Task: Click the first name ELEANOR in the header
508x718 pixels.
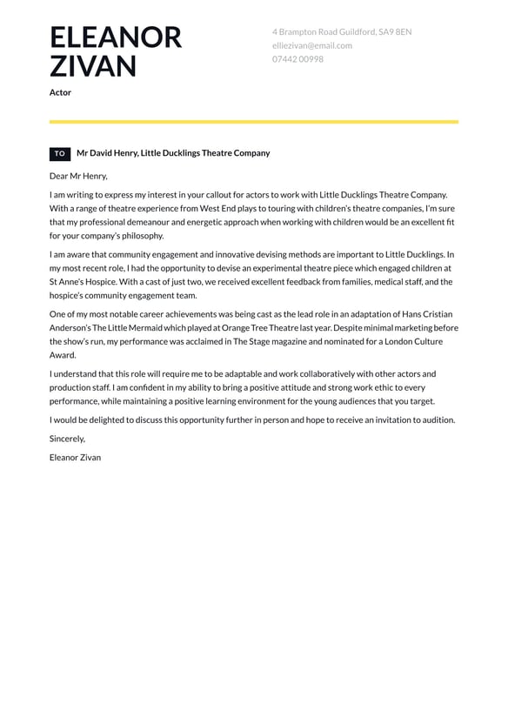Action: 116,37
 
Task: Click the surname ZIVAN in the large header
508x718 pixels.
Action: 93,66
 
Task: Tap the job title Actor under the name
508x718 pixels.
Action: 60,92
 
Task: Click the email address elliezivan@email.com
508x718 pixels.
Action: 311,45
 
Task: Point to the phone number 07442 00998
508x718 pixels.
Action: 297,59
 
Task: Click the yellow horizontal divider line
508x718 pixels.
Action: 254,122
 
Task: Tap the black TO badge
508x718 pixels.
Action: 60,154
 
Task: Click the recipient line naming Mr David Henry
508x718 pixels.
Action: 173,153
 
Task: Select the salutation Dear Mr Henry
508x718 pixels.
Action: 78,176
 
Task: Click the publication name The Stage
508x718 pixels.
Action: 252,342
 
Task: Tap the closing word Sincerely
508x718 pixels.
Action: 67,439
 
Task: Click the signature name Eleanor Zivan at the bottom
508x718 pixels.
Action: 76,457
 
